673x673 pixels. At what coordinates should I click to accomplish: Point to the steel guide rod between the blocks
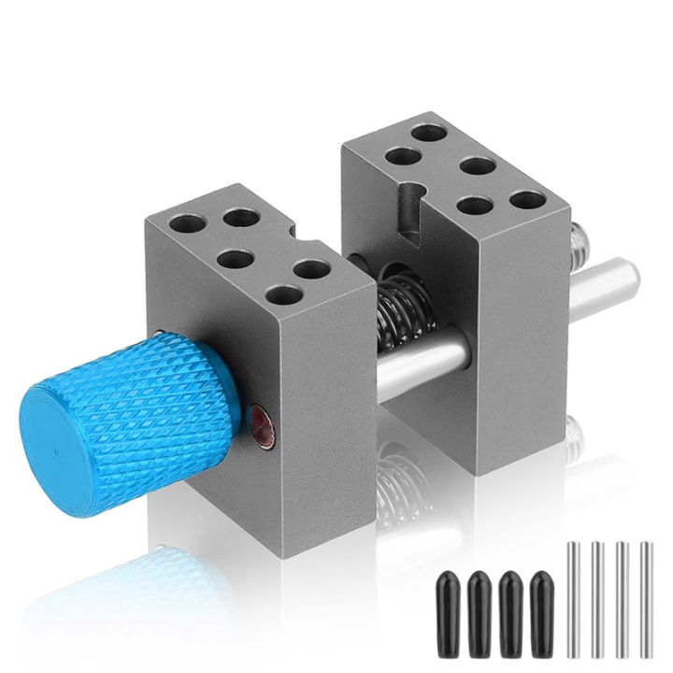[421, 360]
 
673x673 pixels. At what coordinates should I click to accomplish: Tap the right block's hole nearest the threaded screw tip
[529, 199]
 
